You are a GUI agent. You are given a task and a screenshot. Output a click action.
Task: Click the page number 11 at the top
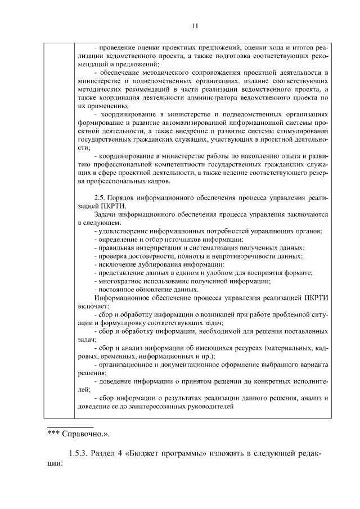(x=195, y=25)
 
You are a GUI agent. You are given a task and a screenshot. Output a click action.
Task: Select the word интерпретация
(x=157, y=247)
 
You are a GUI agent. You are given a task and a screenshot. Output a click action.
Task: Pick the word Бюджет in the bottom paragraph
(x=146, y=454)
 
